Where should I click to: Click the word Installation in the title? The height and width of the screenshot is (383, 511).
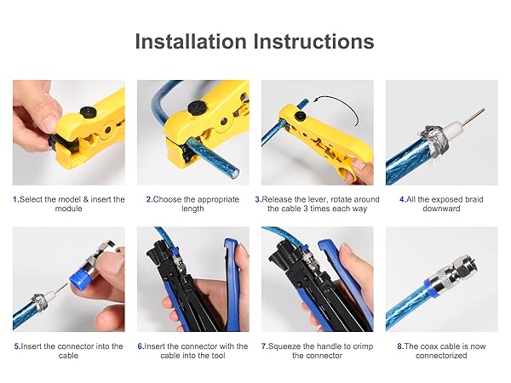191,42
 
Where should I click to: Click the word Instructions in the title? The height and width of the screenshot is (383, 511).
313,42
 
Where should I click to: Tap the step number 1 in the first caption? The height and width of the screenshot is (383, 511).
15,199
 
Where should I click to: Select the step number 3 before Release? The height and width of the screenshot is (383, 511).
257,199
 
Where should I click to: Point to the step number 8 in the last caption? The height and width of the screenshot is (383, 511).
400,346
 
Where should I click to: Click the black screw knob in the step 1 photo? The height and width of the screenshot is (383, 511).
88,112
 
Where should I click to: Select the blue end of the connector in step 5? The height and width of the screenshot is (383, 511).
80,277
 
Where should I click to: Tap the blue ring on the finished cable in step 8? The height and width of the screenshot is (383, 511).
432,287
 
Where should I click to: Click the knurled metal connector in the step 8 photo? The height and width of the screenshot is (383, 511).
453,272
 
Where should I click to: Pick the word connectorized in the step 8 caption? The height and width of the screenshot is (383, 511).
441,355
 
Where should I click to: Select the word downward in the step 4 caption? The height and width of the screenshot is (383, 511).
441,209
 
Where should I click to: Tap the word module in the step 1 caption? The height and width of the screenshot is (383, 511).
68,209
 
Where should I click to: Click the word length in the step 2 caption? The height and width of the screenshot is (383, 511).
192,209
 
